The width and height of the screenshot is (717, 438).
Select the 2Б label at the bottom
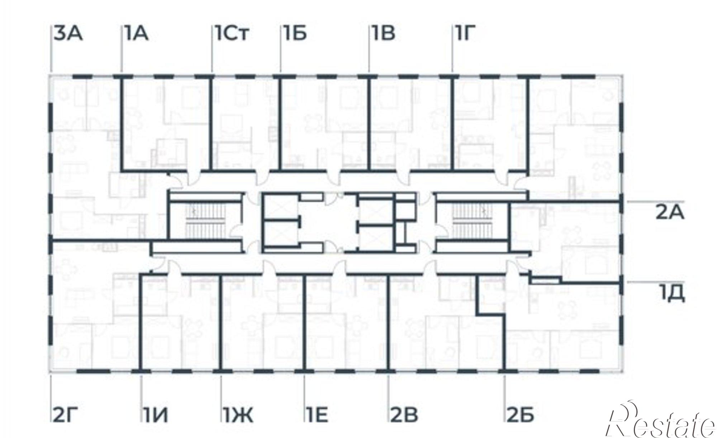[x=520, y=416]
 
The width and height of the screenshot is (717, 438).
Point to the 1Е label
[x=317, y=416]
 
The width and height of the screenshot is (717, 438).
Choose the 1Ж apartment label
[x=238, y=416]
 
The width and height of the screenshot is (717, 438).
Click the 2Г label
[x=65, y=416]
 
